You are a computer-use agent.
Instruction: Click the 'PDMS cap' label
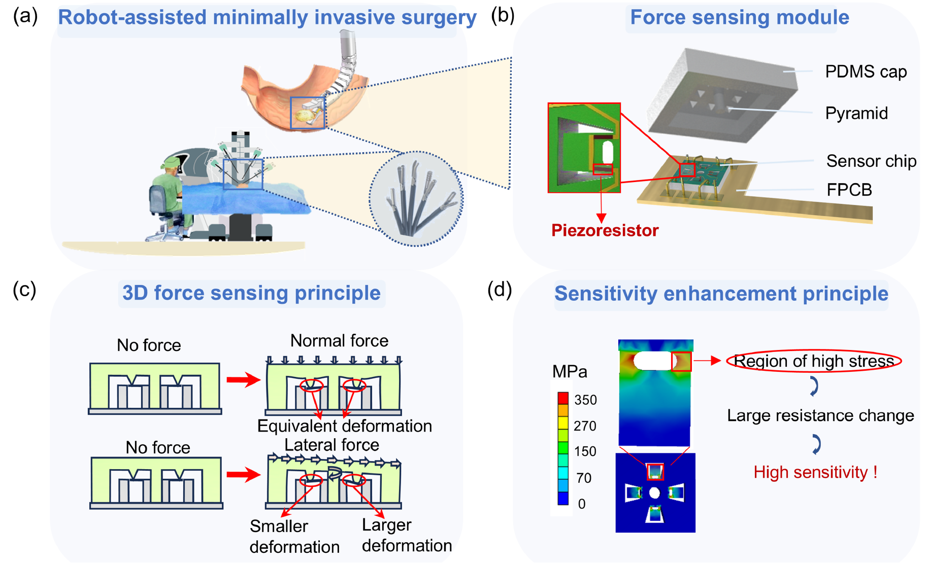[x=866, y=72]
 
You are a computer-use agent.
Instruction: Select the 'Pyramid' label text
[x=856, y=113]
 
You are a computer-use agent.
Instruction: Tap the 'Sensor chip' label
[x=871, y=161]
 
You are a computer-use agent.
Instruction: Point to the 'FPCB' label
[x=849, y=190]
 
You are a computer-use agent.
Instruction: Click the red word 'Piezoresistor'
[x=605, y=231]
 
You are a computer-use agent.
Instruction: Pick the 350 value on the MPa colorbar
[x=585, y=400]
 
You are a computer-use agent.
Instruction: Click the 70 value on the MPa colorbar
[x=584, y=478]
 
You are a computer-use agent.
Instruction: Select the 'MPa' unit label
[x=570, y=372]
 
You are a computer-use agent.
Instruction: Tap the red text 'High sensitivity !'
[x=815, y=473]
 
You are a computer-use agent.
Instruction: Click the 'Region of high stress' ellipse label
[x=814, y=361]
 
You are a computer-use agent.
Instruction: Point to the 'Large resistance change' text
[x=820, y=416]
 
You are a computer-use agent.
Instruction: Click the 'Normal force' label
[x=339, y=341]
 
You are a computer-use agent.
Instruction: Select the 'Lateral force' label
[x=331, y=445]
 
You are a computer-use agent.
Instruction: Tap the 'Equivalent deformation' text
[x=345, y=426]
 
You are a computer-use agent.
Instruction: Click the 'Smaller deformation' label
[x=294, y=537]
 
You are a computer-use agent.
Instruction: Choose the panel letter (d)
[x=500, y=290]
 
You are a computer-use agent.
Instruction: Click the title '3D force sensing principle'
[x=251, y=293]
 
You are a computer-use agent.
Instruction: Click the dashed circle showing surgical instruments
[x=416, y=199]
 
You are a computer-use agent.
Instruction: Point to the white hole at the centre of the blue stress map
[x=654, y=492]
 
